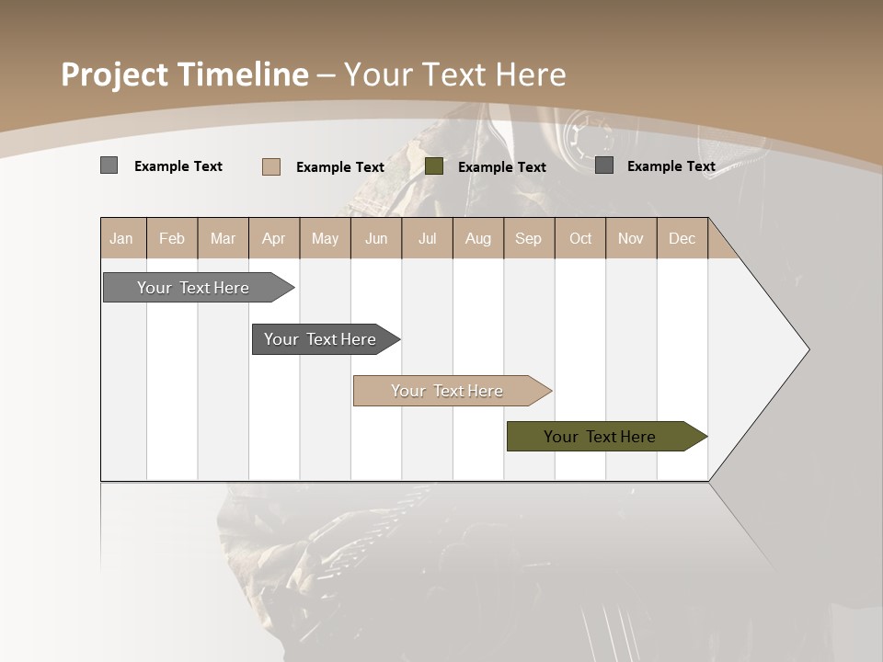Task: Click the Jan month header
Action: pos(122,238)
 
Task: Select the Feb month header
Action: pos(172,238)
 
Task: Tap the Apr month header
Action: pos(273,238)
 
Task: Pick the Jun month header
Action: pos(376,238)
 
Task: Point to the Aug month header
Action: pos(477,238)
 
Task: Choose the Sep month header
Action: pos(528,238)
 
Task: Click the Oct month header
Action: pos(580,238)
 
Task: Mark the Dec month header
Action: pos(682,238)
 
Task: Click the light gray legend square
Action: pos(109,165)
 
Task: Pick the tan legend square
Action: pos(271,166)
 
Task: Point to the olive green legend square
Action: pos(434,166)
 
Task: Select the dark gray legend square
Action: pos(604,165)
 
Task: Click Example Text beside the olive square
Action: pos(501,167)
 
